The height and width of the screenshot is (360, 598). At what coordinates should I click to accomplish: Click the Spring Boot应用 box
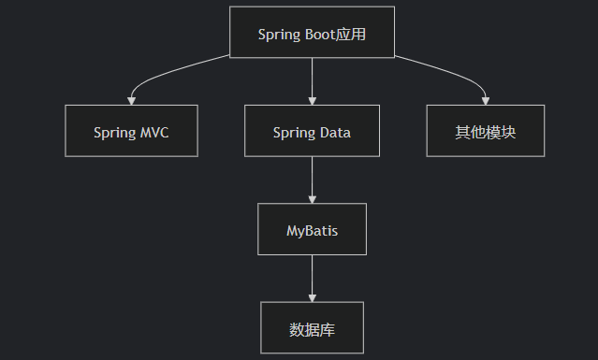312,33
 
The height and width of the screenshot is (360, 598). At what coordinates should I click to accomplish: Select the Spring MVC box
131,131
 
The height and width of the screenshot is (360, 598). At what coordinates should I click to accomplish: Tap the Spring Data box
312,131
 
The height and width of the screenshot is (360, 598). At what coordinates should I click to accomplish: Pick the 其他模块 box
485,131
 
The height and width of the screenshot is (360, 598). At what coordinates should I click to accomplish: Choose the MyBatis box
312,228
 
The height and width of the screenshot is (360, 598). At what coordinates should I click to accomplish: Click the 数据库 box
312,326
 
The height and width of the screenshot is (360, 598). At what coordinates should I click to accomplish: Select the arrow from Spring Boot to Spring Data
312,79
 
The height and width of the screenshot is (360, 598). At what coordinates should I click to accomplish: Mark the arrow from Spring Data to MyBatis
312,178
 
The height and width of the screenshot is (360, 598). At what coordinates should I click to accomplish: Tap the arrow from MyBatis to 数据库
312,276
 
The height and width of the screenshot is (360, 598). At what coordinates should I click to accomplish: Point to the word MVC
154,132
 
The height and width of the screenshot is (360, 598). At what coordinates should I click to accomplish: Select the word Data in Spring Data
334,132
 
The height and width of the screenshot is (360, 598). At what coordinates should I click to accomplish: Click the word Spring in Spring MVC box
114,132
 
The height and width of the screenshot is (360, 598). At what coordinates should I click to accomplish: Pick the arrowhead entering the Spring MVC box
131,99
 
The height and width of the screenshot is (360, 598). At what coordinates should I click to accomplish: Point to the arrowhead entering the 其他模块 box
486,99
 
